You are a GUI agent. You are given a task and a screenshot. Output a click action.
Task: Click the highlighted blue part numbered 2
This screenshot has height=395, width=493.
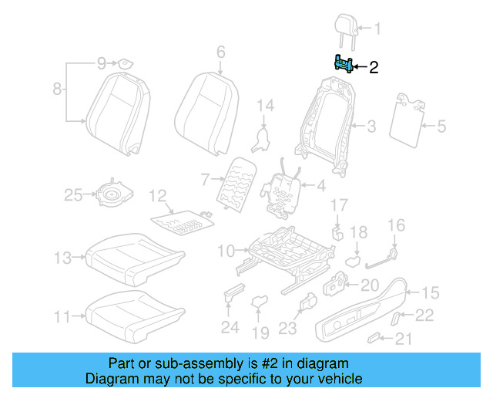coord(344,65)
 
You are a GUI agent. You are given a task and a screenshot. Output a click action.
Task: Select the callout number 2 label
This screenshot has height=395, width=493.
coord(374,68)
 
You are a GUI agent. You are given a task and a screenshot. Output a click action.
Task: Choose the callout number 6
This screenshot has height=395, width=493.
coord(220,52)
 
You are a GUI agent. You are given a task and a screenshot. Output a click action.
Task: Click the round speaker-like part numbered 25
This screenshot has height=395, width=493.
coord(112,196)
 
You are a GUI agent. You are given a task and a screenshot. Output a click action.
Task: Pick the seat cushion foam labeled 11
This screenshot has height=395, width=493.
coord(136,312)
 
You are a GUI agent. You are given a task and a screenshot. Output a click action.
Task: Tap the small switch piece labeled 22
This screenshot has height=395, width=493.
coord(397,317)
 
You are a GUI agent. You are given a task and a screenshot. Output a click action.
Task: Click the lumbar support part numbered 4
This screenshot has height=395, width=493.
coord(283,189)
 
